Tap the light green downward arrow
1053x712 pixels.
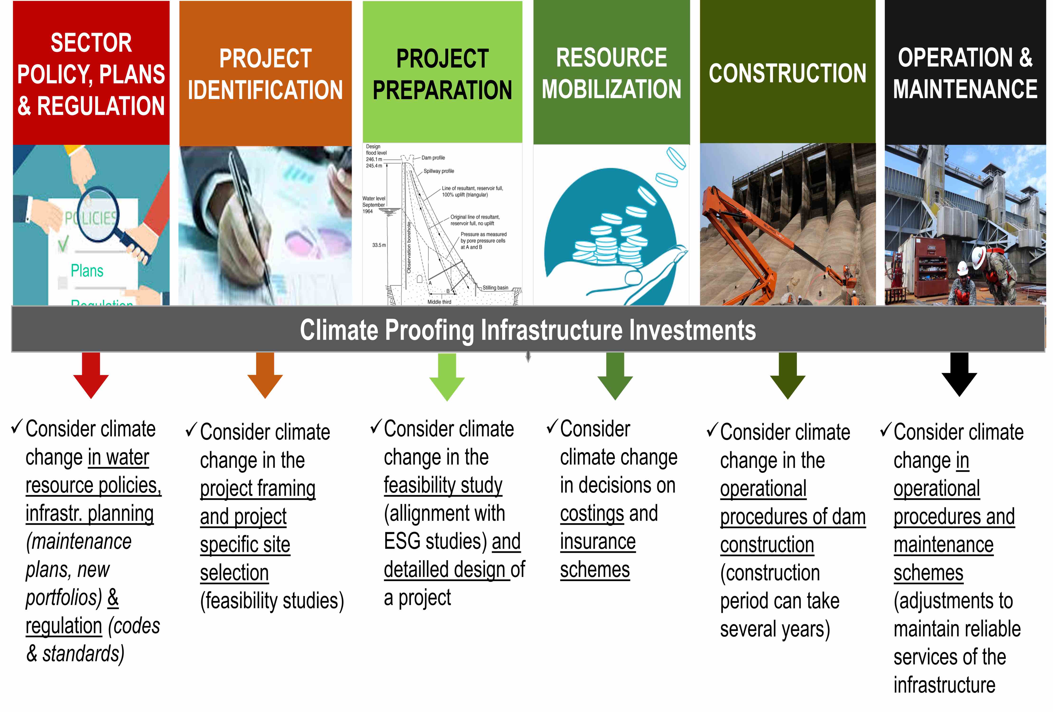point(447,377)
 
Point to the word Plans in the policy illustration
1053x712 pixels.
point(87,271)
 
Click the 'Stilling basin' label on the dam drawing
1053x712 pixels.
point(495,288)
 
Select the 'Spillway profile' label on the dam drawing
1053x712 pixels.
point(439,171)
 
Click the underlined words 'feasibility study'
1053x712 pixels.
point(443,486)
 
